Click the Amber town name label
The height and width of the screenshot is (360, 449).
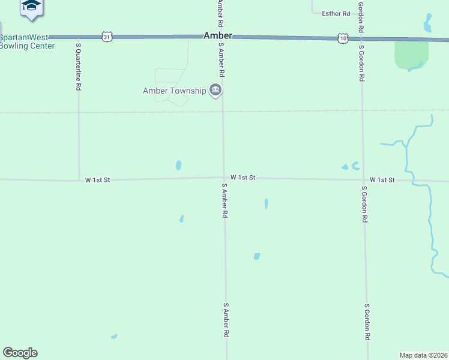coord(218,36)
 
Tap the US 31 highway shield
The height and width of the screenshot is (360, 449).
coord(107,37)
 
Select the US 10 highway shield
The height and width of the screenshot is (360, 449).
coord(342,38)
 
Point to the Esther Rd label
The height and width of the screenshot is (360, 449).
coord(336,13)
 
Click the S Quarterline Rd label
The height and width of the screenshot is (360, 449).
coord(78,66)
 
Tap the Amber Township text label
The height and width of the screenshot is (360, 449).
coord(175,91)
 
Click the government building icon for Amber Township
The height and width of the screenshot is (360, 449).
coord(216,91)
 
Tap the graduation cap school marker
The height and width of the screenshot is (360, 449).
coord(31,5)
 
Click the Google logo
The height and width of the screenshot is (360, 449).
coord(20,353)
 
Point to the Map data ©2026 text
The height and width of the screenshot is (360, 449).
coord(424,355)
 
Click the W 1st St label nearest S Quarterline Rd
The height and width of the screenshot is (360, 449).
coord(98,179)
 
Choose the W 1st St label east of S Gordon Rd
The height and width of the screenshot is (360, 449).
coord(382,180)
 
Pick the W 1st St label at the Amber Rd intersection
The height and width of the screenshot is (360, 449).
coord(243,178)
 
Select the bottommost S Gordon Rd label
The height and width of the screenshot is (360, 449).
coord(367,322)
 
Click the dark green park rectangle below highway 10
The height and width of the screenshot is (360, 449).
coord(411,54)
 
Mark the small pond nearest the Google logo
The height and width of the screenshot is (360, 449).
coord(114,337)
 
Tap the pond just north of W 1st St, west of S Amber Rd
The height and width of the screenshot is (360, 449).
coord(178,165)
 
